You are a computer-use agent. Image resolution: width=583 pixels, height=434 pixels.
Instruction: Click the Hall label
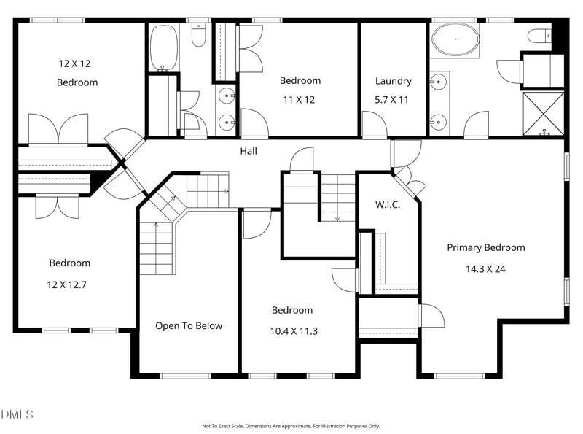coord(249,151)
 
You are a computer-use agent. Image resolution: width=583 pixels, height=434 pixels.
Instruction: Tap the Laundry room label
coord(394,81)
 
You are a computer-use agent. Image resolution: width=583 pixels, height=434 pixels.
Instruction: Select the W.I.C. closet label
coord(388,204)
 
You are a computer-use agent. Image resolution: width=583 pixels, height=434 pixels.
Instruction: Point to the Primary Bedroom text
coord(486,248)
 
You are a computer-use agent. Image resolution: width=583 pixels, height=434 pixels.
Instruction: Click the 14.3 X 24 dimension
coord(485,268)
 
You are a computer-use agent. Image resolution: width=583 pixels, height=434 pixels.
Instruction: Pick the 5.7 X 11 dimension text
coord(391,100)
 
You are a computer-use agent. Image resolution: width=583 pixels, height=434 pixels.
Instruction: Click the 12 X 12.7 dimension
coord(66,284)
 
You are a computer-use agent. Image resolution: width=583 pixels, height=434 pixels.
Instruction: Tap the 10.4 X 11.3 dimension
coord(294,331)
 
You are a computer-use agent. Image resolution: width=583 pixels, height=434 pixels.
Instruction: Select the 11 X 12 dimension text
coord(299,100)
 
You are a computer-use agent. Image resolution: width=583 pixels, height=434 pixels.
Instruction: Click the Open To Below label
coord(189,326)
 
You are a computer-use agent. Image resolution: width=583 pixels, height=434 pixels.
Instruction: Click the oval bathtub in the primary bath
coord(455,39)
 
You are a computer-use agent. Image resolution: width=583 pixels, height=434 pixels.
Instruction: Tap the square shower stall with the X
coord(543,114)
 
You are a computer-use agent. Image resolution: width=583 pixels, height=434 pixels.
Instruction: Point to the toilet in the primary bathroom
coord(540,36)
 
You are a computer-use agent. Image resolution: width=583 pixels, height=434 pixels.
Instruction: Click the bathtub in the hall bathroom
coord(163,47)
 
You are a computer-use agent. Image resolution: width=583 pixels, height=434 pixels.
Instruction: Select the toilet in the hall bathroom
coord(198,34)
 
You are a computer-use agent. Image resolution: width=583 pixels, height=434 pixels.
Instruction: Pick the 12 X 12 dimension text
coord(74,63)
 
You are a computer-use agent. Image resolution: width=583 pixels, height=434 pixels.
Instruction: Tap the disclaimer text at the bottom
coord(291,426)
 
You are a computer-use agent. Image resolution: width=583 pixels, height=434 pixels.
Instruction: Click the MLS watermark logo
coord(17,414)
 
